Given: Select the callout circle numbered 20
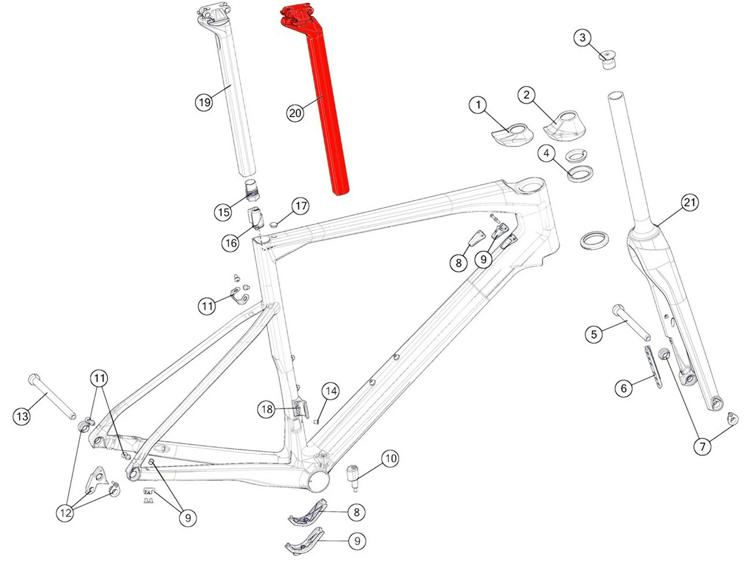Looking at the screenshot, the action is (295, 113).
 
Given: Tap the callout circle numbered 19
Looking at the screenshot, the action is (204, 102).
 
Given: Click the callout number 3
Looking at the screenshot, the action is (583, 37).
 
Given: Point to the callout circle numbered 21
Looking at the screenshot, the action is (689, 203).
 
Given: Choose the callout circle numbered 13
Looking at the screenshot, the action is (22, 416).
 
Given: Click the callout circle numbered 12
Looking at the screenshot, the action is (65, 512).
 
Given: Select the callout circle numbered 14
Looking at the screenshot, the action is (331, 391).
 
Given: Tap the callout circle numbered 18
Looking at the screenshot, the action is (267, 409).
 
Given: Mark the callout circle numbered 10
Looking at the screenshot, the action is (391, 458).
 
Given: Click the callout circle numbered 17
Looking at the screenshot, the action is (300, 206).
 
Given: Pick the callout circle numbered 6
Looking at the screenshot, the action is (624, 388).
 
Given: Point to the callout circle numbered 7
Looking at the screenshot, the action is (703, 446).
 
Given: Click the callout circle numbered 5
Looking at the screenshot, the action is (594, 334).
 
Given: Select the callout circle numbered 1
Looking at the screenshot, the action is (478, 105).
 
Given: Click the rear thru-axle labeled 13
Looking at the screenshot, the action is (51, 397).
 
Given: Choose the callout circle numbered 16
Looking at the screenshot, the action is (231, 243).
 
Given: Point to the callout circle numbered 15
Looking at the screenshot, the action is (223, 212).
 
